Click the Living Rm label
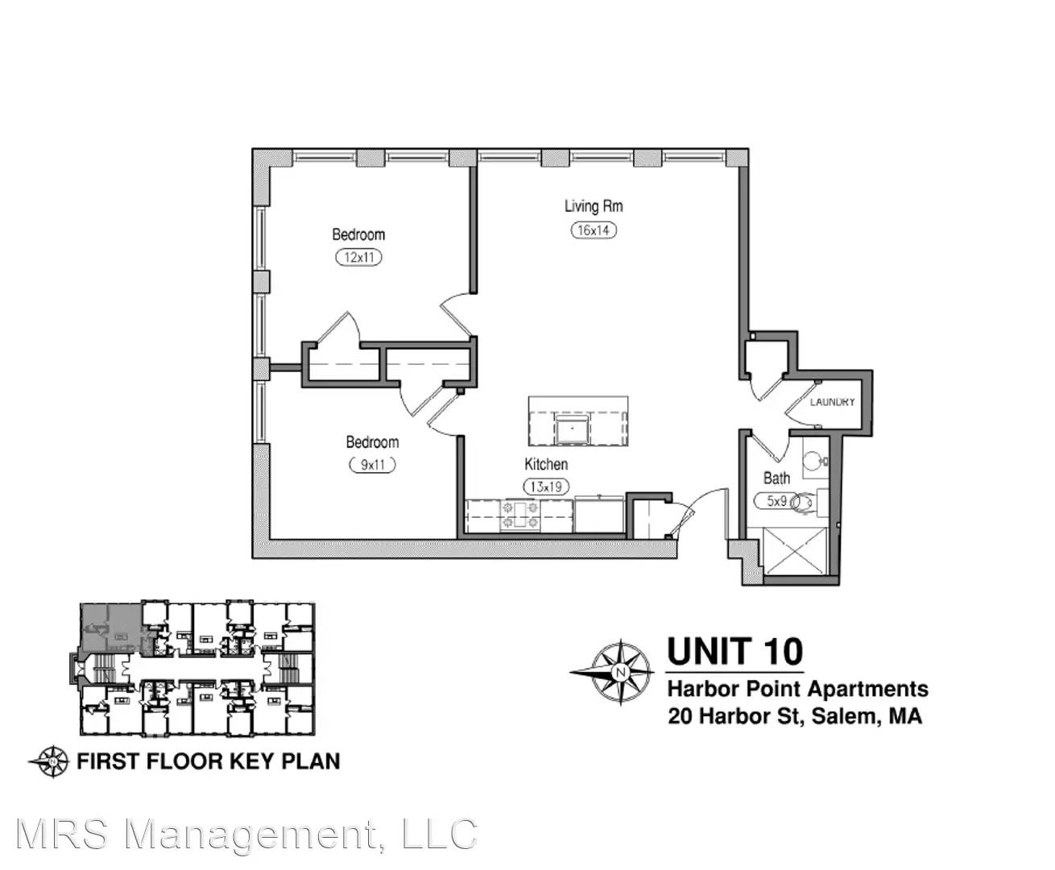(594, 206)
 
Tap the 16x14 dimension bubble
(594, 230)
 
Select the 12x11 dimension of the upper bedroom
(358, 258)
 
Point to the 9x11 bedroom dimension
(372, 465)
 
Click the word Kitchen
(546, 464)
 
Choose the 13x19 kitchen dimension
(546, 487)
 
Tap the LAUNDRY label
(832, 402)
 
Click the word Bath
(776, 478)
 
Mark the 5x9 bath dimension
(776, 501)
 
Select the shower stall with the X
(796, 551)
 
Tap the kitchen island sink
(572, 428)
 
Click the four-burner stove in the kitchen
(520, 516)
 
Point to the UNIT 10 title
(735, 652)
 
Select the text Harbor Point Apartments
(798, 689)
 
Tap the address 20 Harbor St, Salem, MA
(795, 716)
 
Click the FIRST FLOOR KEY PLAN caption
(208, 761)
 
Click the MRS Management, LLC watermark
(246, 834)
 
